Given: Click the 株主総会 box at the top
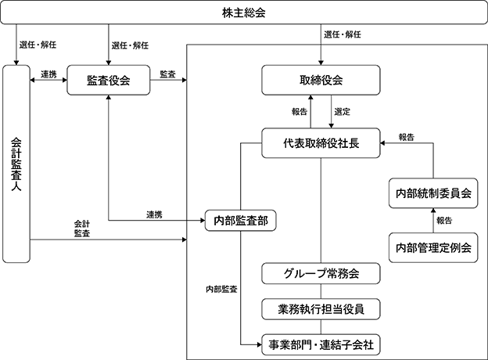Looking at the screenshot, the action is click(244, 13).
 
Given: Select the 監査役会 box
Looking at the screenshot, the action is click(108, 80).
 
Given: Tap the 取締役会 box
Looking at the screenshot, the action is click(321, 80).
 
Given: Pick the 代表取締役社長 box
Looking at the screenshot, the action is click(321, 143).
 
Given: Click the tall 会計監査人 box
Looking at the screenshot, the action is click(16, 164).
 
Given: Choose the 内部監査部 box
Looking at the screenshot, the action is click(240, 221).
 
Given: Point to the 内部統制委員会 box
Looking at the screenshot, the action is click(433, 193).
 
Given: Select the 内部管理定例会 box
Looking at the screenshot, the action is click(433, 247).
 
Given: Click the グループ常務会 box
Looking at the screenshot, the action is click(321, 273).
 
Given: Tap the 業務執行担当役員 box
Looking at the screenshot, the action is click(321, 309).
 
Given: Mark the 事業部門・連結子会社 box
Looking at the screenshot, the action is click(321, 345).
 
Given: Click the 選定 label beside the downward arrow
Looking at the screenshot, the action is click(343, 111).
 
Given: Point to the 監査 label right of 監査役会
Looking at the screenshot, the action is click(167, 74).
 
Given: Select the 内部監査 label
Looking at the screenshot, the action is click(221, 289).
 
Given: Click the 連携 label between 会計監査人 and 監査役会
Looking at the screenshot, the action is click(48, 74).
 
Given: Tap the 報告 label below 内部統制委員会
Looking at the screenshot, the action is click(444, 221).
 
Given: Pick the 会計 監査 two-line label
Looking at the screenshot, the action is click(82, 229).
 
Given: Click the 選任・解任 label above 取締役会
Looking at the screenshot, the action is click(343, 34).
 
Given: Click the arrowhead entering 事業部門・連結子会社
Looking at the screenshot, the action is click(260, 345).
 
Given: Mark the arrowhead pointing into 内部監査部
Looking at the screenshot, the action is click(203, 221).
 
